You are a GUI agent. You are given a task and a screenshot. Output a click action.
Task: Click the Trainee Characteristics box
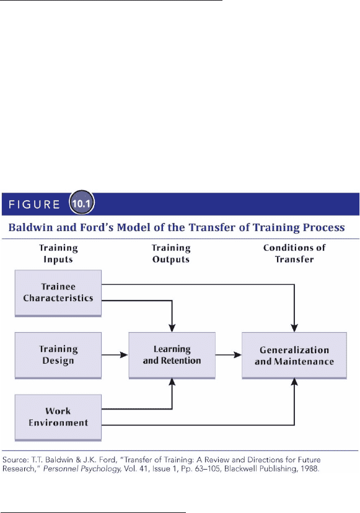(x=58, y=293)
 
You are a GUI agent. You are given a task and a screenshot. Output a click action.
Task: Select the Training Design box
(x=58, y=355)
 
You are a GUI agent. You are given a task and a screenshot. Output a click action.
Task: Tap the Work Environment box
(x=58, y=418)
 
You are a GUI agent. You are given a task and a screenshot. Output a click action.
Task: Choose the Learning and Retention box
(x=172, y=355)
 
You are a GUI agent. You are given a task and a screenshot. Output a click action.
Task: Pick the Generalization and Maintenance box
(x=294, y=355)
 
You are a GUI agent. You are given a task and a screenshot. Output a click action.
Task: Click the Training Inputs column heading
(x=58, y=253)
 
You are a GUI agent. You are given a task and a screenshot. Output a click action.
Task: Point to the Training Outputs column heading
(x=171, y=253)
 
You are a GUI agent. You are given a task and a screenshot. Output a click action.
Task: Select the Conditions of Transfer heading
(x=294, y=253)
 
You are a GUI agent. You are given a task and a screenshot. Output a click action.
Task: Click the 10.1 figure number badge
(x=81, y=203)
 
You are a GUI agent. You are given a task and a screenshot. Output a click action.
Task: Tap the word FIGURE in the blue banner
(x=34, y=204)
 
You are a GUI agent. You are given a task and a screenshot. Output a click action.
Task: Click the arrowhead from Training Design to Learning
(x=124, y=355)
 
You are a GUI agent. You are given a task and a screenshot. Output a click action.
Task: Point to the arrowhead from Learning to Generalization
(x=237, y=355)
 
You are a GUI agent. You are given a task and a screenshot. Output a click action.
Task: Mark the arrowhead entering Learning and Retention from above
(x=172, y=328)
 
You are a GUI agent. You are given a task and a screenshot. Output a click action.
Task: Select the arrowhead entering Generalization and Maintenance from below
(x=294, y=383)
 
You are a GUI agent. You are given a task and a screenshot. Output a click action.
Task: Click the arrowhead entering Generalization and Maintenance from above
(x=294, y=328)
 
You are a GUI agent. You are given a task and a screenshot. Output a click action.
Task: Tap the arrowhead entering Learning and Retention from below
(x=172, y=383)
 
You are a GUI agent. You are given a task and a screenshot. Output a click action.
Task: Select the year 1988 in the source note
(x=310, y=468)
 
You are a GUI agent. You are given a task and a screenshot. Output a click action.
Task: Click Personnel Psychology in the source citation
(x=82, y=469)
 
